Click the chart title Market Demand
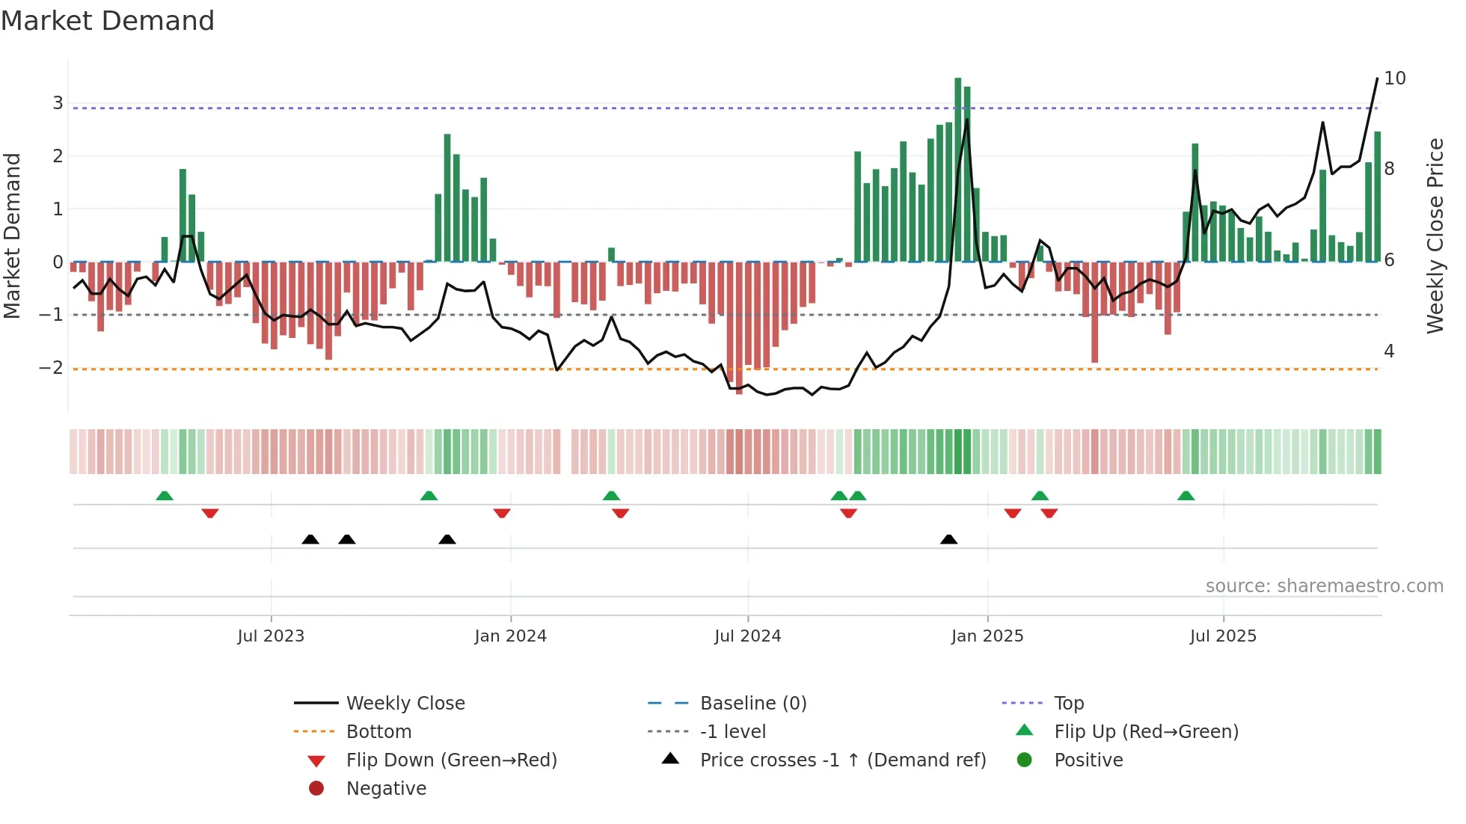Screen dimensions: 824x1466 click(x=108, y=21)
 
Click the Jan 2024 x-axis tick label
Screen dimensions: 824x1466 click(x=510, y=636)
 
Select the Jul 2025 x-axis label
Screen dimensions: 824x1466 click(x=1223, y=636)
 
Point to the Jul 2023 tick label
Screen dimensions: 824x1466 click(x=271, y=636)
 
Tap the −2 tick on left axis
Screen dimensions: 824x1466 click(x=52, y=368)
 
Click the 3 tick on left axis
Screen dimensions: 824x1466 click(x=58, y=103)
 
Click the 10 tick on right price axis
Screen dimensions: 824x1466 click(x=1394, y=79)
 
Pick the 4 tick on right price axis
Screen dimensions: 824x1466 click(x=1389, y=351)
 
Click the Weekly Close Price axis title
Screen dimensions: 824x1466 click(x=1435, y=236)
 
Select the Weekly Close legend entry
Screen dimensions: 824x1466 click(x=405, y=704)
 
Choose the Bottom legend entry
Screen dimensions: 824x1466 click(x=378, y=732)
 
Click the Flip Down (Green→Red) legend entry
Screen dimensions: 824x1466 click(x=451, y=760)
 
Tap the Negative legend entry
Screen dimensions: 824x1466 click(x=386, y=789)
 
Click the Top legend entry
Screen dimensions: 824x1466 click(x=1069, y=704)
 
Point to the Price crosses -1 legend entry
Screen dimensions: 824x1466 click(x=842, y=760)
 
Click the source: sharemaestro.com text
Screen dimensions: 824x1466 click(x=1324, y=586)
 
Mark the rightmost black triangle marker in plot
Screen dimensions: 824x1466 click(x=948, y=540)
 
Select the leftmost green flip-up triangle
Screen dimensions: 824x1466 click(x=165, y=496)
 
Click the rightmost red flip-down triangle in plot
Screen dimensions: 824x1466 click(x=1049, y=513)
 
